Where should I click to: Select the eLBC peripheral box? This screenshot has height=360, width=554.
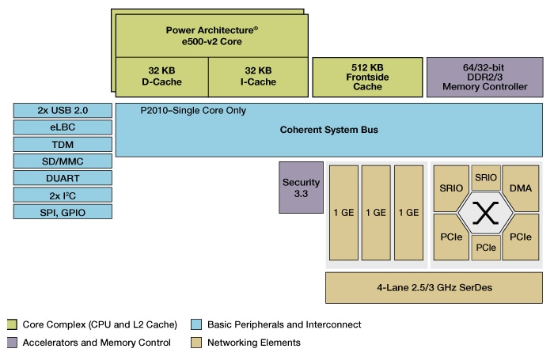pyautogui.click(x=63, y=127)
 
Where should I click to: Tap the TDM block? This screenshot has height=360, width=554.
pyautogui.click(x=63, y=144)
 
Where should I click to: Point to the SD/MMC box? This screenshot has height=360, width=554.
pyautogui.click(x=63, y=161)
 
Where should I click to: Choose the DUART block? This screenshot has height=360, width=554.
pyautogui.click(x=63, y=177)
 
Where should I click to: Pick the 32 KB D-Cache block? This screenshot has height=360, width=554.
pyautogui.click(x=161, y=75)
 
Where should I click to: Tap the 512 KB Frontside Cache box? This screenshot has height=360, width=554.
pyautogui.click(x=366, y=76)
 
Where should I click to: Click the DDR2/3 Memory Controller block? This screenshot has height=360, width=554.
pyautogui.click(x=482, y=76)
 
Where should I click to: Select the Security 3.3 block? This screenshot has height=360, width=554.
pyautogui.click(x=301, y=188)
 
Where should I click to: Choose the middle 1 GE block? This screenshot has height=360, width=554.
pyautogui.click(x=376, y=212)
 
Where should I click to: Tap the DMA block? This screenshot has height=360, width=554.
pyautogui.click(x=521, y=188)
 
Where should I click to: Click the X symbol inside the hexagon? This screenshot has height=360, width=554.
pyautogui.click(x=482, y=212)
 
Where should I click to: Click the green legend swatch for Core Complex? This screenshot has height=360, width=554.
pyautogui.click(x=11, y=324)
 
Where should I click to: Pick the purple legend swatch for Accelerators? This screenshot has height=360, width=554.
pyautogui.click(x=11, y=343)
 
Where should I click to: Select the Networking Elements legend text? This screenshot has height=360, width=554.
pyautogui.click(x=253, y=343)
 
